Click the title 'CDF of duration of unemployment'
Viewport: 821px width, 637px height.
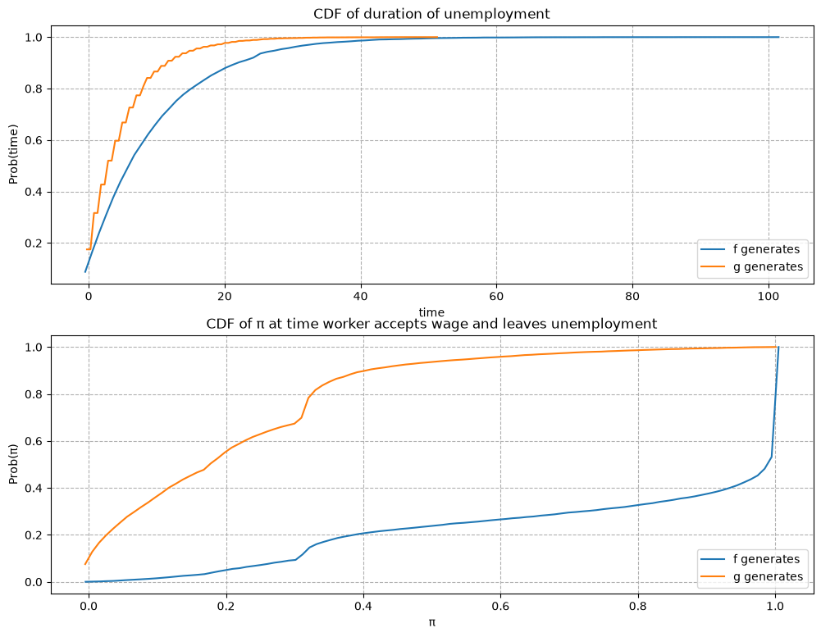[431, 14]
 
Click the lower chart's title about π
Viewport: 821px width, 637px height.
[431, 324]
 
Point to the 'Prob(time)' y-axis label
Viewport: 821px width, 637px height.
[13, 154]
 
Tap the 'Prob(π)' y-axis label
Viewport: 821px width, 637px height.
[13, 464]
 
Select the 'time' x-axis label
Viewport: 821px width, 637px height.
[431, 312]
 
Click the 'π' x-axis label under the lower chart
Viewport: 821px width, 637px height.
[432, 622]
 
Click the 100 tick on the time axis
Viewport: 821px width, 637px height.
[769, 297]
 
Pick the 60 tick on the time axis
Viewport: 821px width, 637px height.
[496, 297]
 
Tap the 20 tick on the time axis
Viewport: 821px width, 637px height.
[225, 297]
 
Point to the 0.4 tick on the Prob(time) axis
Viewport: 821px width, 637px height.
[34, 193]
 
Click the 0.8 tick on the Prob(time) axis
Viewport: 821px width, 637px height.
[34, 89]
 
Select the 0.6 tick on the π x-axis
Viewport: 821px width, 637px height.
[501, 607]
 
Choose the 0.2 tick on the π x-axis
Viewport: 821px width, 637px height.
[226, 607]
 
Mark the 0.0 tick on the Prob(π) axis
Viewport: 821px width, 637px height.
[34, 583]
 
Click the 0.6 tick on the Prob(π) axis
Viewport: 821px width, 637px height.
[34, 442]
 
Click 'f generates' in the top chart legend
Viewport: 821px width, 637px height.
[767, 249]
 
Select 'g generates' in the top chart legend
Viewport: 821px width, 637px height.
[769, 267]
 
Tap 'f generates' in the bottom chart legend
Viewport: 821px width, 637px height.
[767, 559]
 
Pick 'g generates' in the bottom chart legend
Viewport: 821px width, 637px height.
[769, 577]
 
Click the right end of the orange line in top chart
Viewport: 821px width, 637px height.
[437, 37]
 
